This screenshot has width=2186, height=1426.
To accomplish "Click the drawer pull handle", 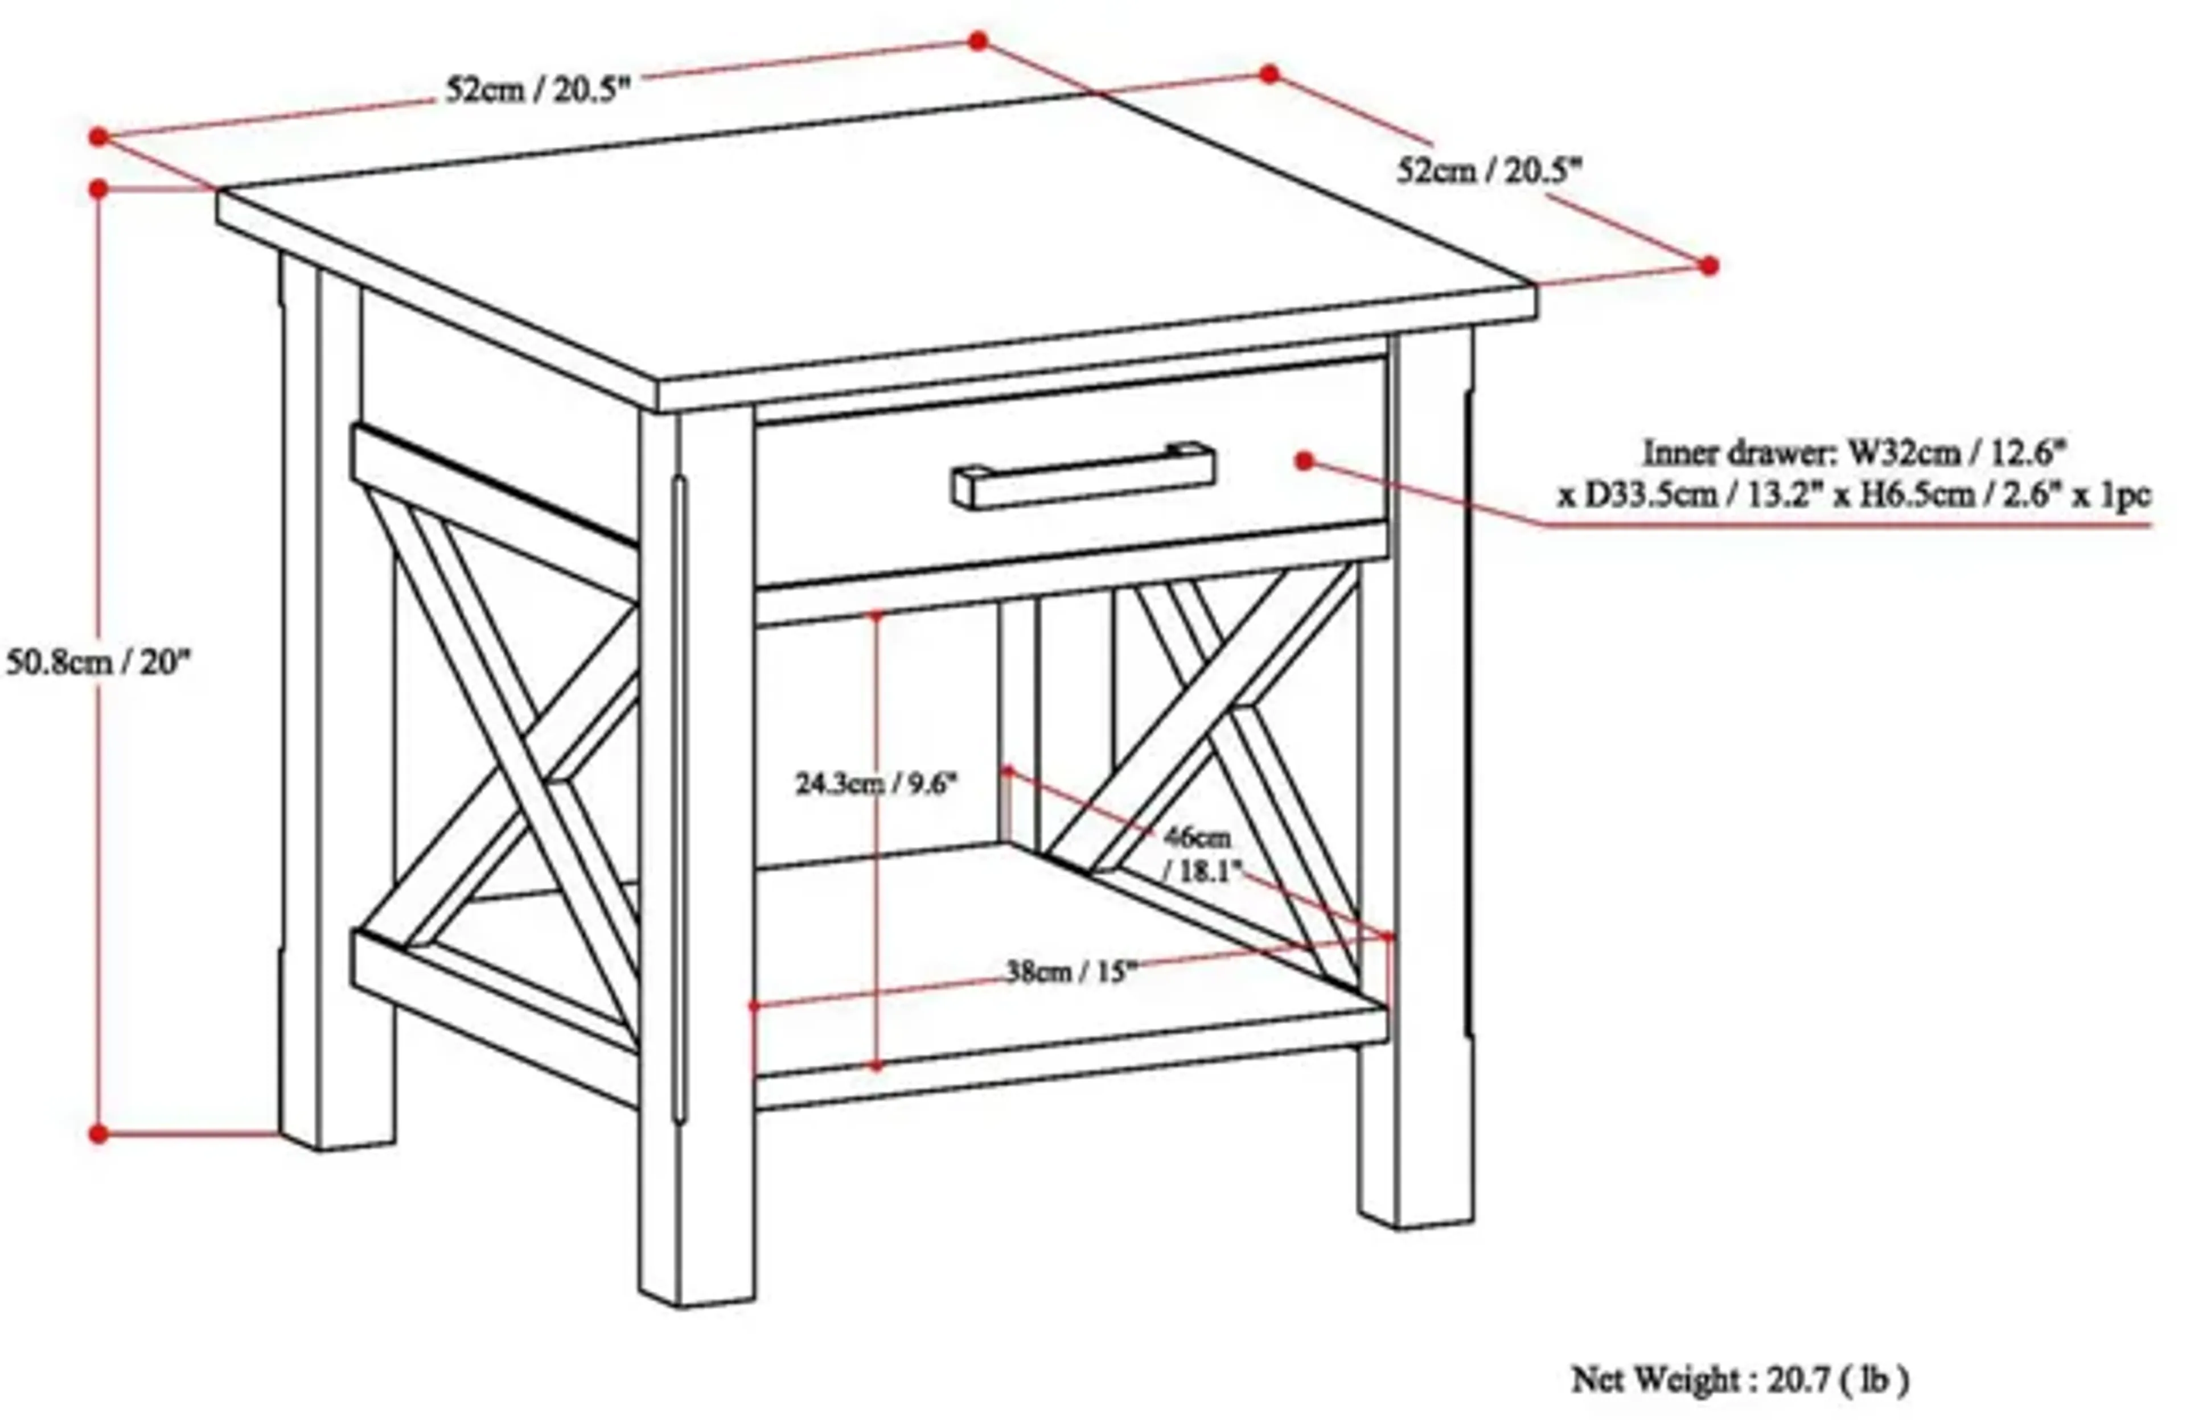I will [x=1084, y=476].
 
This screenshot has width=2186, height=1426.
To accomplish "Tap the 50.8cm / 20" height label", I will [x=98, y=661].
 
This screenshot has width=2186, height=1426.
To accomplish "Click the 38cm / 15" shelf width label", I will [x=1071, y=971].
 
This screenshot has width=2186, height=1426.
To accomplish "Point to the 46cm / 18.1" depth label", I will [x=1199, y=854].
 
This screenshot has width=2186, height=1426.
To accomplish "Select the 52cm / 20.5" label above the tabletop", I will [x=538, y=90].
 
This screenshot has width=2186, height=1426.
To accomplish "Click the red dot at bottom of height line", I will [x=98, y=1134].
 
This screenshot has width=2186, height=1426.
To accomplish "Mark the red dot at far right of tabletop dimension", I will [x=1708, y=266].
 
